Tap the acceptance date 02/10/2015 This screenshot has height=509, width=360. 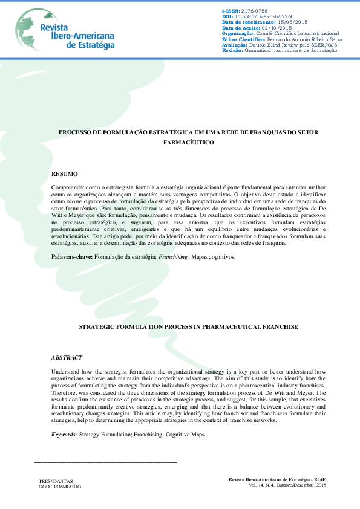(x=277, y=28)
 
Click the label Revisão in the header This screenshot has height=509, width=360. (x=232, y=50)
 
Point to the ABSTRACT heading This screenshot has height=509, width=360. (x=67, y=358)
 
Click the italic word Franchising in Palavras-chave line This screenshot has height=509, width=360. (x=174, y=257)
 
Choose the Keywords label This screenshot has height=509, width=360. (x=64, y=435)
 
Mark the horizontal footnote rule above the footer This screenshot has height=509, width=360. (x=106, y=462)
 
